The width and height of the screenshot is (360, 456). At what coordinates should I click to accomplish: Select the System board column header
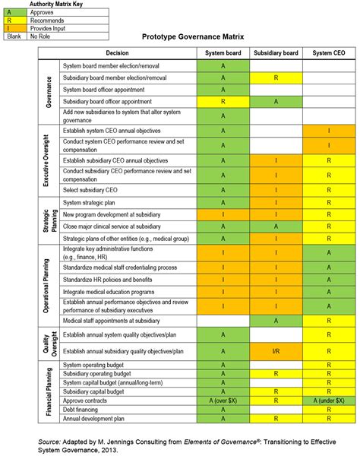223,53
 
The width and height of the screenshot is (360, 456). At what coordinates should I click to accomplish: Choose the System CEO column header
328,53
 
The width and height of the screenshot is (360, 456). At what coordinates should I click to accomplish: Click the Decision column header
118,53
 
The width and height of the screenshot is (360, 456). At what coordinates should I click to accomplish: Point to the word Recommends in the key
46,21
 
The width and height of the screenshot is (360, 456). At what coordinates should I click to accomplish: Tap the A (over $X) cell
223,400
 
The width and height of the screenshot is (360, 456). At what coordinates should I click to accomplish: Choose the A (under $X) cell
328,400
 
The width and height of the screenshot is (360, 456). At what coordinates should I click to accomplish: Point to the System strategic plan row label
91,203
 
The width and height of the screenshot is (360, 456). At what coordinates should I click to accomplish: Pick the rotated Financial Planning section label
49,391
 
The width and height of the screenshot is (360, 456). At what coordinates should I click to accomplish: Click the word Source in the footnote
50,440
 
